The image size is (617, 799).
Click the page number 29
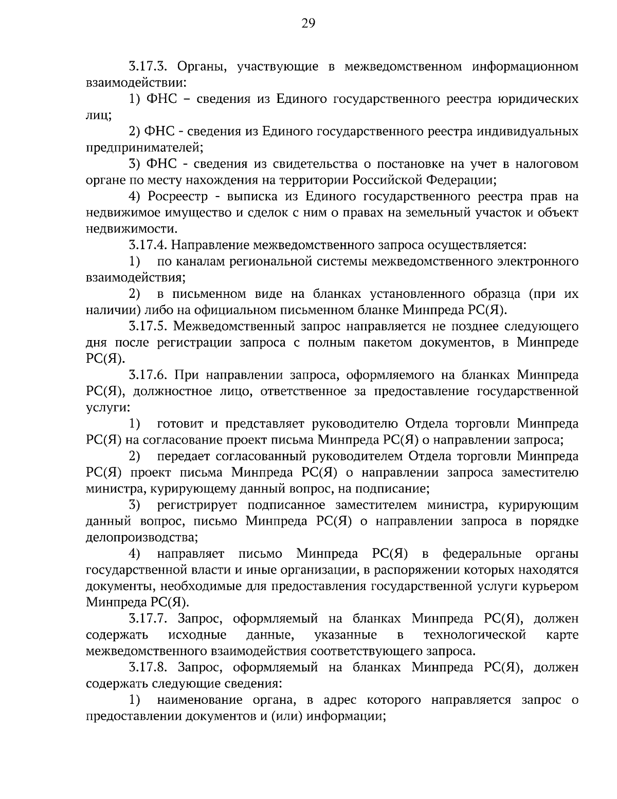pos(308,23)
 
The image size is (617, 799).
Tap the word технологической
pos(475,634)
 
